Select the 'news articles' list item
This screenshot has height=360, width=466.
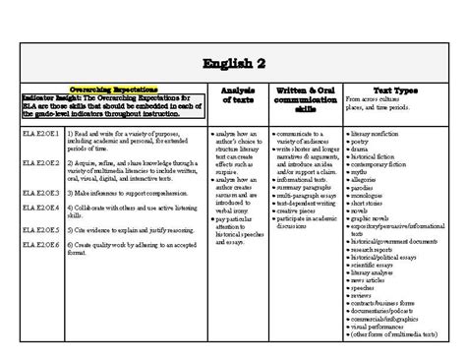pos(367,279)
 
